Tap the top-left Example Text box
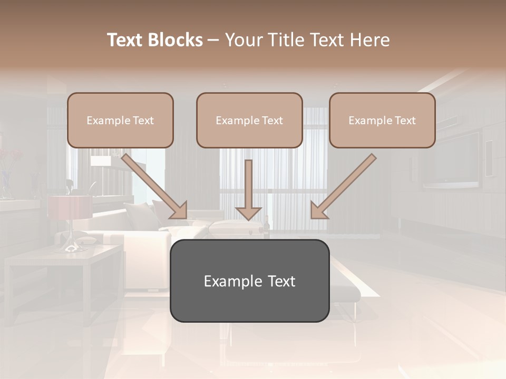pyautogui.click(x=120, y=120)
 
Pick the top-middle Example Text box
pyautogui.click(x=249, y=120)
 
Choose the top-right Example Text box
pyautogui.click(x=382, y=120)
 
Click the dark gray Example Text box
pyautogui.click(x=249, y=281)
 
